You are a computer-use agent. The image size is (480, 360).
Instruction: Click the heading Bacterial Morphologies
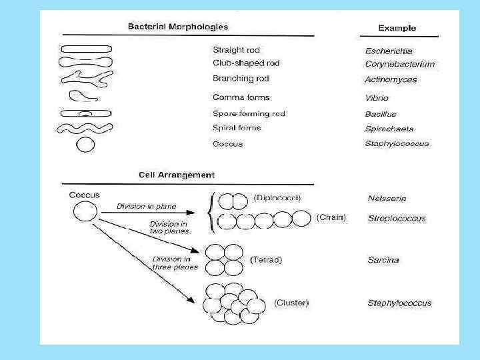[x=177, y=27]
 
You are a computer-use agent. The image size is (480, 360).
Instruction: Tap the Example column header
[x=397, y=28]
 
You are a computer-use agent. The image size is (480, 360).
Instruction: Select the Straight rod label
[x=236, y=50]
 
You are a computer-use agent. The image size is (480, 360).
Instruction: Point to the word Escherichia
[x=389, y=51]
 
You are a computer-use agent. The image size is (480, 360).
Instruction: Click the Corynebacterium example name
[x=400, y=64]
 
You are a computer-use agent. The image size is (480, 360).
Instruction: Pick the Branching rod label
[x=241, y=78]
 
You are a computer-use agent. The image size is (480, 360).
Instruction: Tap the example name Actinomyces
[x=391, y=79]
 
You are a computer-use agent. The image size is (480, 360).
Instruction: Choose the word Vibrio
[x=377, y=97]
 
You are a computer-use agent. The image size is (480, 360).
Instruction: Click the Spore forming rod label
[x=249, y=114]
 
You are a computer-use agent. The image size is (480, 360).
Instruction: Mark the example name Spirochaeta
[x=389, y=129]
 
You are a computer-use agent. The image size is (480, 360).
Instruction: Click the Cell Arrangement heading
[x=177, y=175]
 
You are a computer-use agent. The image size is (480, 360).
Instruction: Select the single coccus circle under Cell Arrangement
[x=85, y=213]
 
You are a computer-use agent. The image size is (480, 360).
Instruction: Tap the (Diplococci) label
[x=277, y=197]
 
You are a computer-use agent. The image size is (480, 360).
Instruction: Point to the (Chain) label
[x=331, y=217]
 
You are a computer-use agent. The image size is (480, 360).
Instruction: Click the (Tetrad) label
[x=265, y=259]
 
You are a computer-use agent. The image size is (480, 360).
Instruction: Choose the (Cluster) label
[x=291, y=303]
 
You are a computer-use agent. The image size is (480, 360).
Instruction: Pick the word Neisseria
[x=387, y=198]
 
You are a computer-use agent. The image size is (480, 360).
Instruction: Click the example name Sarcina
[x=383, y=260]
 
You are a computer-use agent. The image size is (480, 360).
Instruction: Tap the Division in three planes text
[x=175, y=263]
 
